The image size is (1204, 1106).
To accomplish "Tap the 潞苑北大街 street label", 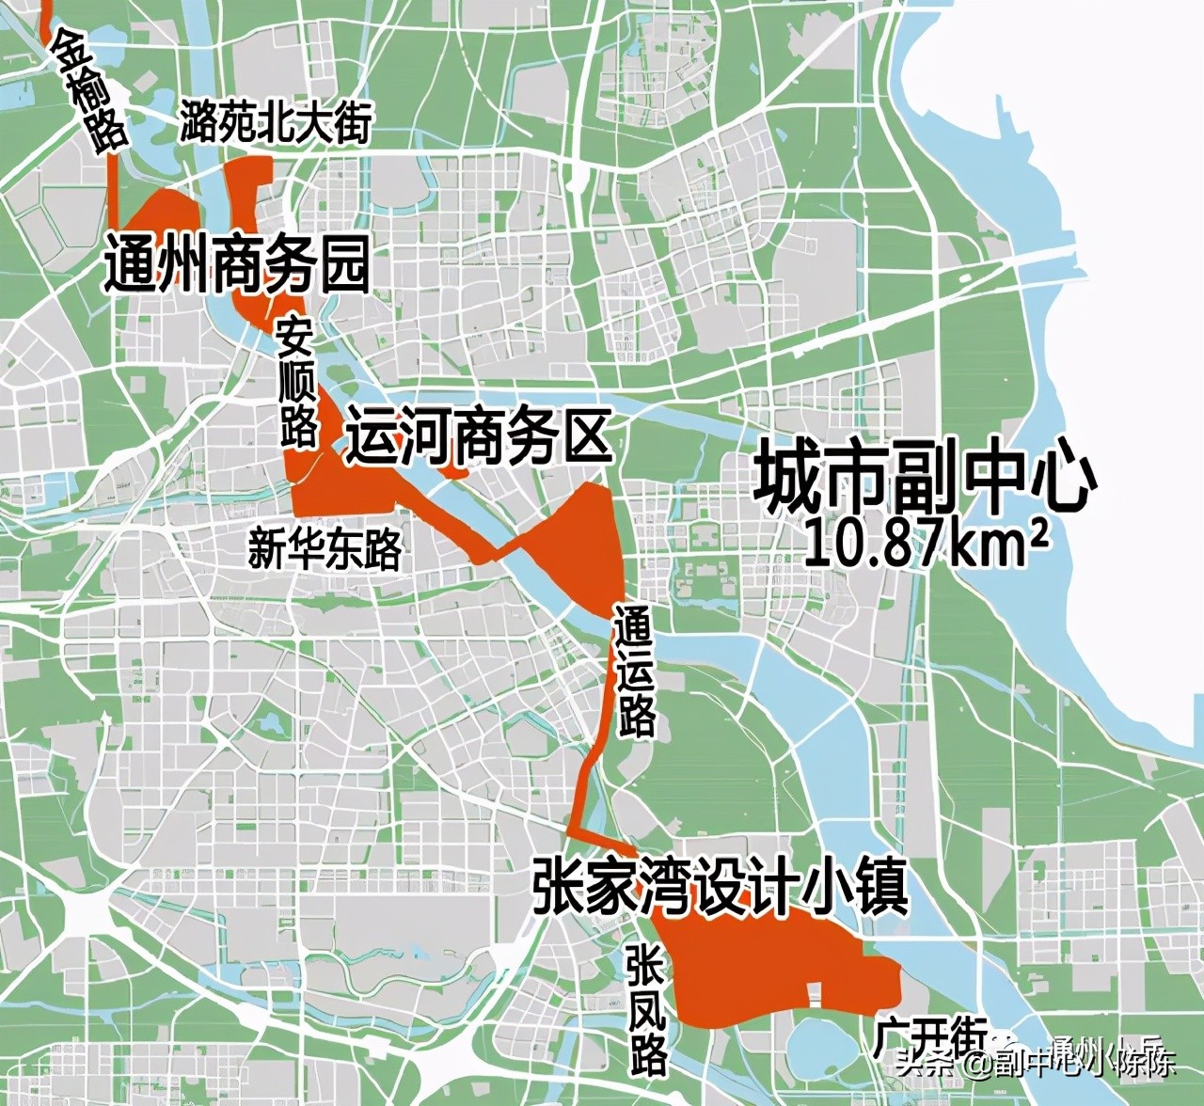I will (277, 122).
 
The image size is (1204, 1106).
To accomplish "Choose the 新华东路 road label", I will (325, 548).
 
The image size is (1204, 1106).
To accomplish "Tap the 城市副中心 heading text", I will (927, 480).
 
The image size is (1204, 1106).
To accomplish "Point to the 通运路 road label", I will (634, 670).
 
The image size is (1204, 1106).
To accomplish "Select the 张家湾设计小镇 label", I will (720, 886).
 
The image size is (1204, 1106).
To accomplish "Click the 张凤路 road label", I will (648, 1010).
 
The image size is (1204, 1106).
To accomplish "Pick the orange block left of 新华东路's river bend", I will (339, 489).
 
